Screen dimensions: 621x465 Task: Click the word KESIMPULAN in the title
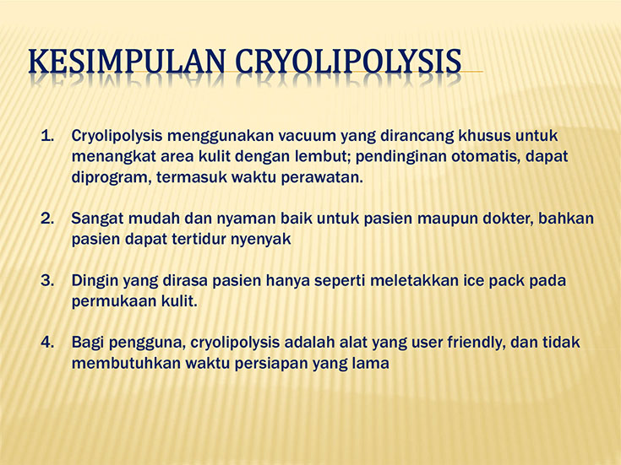pos(127,61)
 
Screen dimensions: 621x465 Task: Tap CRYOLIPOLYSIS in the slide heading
pos(348,61)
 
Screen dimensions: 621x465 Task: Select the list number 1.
pos(47,136)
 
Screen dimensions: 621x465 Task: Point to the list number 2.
pos(47,219)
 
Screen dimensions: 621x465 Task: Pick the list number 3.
pos(47,280)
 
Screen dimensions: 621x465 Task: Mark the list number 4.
pos(47,343)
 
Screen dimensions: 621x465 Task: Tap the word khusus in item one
pos(484,136)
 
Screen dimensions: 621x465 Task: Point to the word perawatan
pos(322,178)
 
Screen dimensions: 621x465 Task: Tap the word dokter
pos(504,219)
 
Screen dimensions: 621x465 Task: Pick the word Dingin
pos(95,281)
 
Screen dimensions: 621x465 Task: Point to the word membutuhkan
pos(126,363)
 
